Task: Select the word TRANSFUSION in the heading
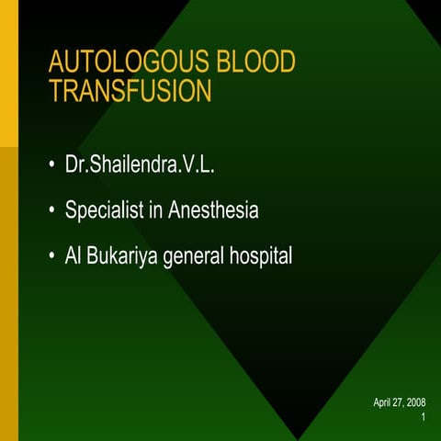(130, 91)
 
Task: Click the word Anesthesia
(212, 210)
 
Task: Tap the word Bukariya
(123, 256)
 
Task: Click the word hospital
(260, 256)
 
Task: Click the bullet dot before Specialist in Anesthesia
(52, 212)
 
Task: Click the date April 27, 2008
(399, 403)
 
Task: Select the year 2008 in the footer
(414, 403)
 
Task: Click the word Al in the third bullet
(73, 256)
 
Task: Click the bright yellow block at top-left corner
(8, 73)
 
